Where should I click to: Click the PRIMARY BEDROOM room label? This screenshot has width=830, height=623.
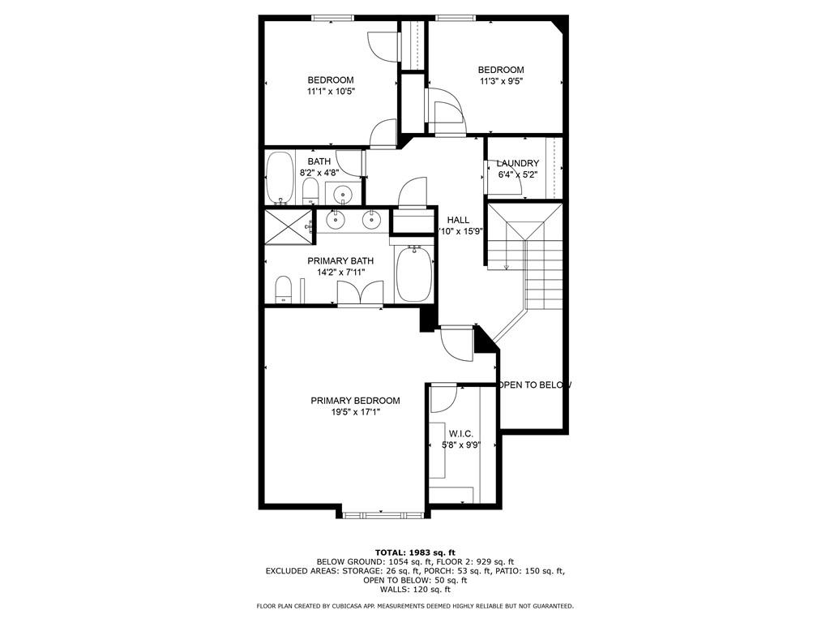point(355,401)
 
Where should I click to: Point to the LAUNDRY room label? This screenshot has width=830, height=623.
point(517,163)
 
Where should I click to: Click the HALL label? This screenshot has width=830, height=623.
point(458,220)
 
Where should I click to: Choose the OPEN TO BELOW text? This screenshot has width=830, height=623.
point(535,385)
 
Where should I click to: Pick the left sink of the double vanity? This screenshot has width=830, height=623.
point(335,218)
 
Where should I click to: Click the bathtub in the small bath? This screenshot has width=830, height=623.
point(280,177)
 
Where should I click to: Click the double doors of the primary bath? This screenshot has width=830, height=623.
point(361,294)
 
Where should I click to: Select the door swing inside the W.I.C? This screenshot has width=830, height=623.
point(443,398)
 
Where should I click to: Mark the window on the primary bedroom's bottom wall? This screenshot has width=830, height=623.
point(381,513)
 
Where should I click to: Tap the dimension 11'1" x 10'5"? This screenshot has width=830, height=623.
point(331,92)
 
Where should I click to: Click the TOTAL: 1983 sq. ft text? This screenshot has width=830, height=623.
point(414,552)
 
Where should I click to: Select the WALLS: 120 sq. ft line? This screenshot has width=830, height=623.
point(414,590)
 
